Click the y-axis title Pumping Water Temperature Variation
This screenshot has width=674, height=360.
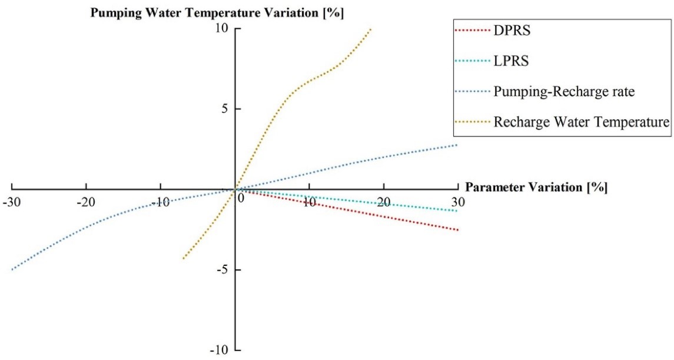[x=217, y=12]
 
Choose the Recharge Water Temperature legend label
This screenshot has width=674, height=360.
[x=582, y=122]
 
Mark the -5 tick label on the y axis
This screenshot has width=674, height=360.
[x=224, y=270]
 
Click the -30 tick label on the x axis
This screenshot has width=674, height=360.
[x=11, y=202]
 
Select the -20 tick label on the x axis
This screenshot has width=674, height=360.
[x=86, y=202]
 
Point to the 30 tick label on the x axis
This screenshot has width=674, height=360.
[x=458, y=202]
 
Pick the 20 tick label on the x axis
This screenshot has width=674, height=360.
[x=384, y=202]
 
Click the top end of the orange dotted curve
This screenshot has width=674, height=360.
[x=371, y=29]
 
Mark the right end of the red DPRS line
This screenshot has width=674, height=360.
[x=458, y=230]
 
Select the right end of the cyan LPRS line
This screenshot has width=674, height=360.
[x=458, y=211]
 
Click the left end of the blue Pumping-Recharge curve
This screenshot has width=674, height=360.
[x=12, y=269]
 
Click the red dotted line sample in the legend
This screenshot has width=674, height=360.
[x=471, y=31]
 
